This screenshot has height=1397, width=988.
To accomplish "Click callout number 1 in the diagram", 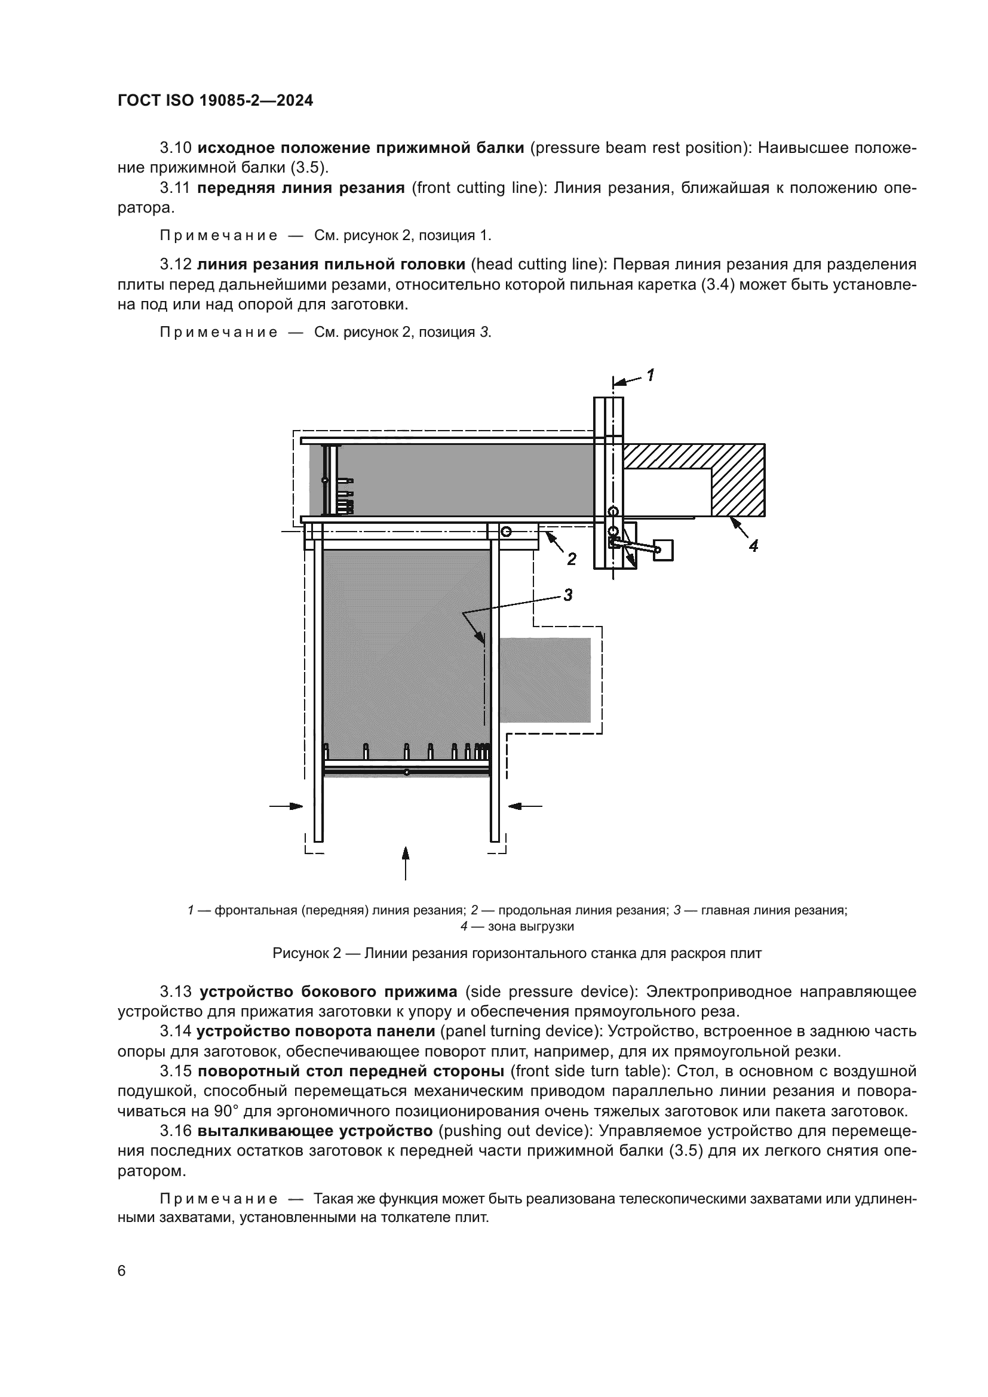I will [650, 375].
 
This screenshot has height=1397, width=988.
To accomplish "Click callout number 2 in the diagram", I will [571, 559].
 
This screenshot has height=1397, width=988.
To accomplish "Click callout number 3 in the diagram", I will [567, 595].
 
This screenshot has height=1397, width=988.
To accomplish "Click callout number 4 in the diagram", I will [753, 546].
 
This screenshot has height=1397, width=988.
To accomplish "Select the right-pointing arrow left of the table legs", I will [286, 806].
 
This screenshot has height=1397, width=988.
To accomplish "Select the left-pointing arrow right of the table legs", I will [525, 806].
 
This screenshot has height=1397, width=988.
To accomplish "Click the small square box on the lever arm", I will [664, 550].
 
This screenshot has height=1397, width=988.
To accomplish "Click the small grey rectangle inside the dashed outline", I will [545, 680].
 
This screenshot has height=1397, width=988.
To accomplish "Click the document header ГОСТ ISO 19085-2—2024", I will [216, 101].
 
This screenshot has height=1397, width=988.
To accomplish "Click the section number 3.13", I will [176, 993].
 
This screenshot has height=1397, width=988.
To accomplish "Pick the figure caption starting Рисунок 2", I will [517, 953].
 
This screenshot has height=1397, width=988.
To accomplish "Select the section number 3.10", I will [176, 148].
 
